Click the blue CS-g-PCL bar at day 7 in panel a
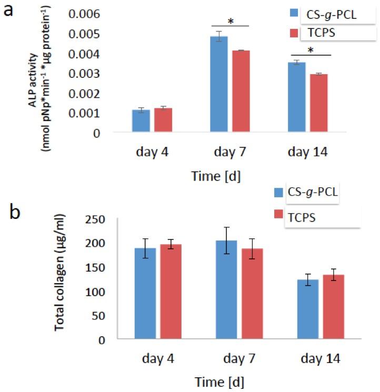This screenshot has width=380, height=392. (x=219, y=84)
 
